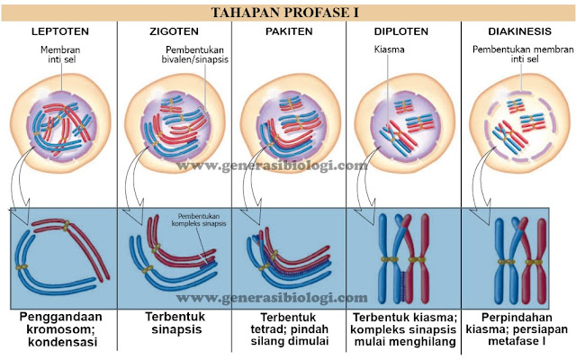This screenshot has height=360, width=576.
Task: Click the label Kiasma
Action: click(x=389, y=51)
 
